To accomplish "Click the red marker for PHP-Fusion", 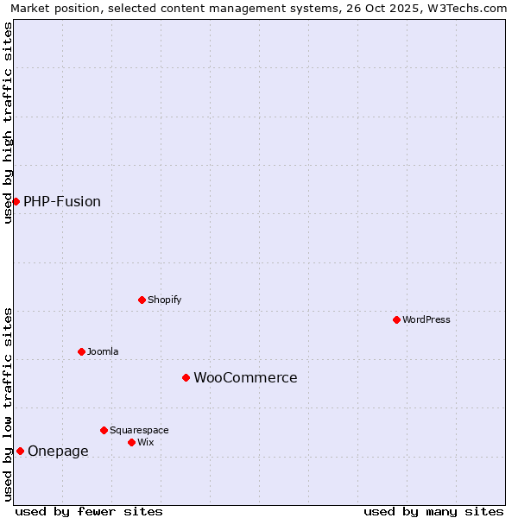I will point(16,201).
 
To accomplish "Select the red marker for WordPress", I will point(396,319).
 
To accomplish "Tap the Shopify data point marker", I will point(142,300).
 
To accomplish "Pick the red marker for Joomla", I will point(81,351).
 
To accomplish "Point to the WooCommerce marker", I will point(186,377).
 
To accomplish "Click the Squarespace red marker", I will point(104,430).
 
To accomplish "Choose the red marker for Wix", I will point(131,442).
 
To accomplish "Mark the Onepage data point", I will point(20,451).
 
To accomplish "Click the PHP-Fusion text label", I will point(62,202).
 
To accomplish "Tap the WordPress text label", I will point(426,320).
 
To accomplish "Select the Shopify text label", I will point(165,300).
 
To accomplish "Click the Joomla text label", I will point(103,352).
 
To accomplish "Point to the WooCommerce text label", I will point(245,378).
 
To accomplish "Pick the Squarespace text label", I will point(139,431).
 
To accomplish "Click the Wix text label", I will point(146,443).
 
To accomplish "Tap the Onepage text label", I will point(58,452).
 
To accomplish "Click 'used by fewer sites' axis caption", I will point(89,511).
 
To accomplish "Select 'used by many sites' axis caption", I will point(433,511).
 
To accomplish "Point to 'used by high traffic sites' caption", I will point(9,123).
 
